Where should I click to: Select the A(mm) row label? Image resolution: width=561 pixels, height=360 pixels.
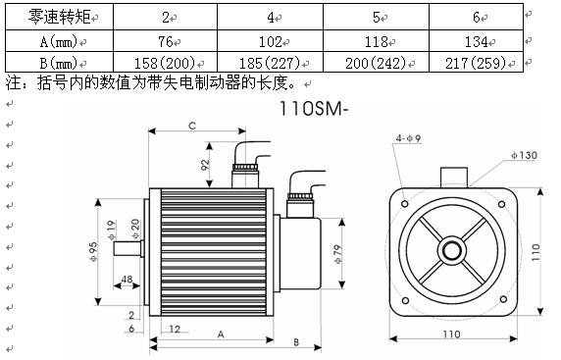tap(59, 41)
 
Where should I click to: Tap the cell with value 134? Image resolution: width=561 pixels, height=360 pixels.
tap(476, 42)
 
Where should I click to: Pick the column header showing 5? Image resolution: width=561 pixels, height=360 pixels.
tap(376, 17)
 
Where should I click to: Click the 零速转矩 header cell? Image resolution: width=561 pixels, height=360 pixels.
tap(59, 17)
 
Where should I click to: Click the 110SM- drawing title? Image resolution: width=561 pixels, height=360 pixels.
tap(313, 109)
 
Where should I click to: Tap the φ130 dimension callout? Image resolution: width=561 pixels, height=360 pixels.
tap(524, 155)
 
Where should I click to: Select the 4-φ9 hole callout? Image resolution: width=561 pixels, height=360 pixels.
tap(408, 138)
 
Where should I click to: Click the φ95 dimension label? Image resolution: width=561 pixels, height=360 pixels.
tap(93, 251)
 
